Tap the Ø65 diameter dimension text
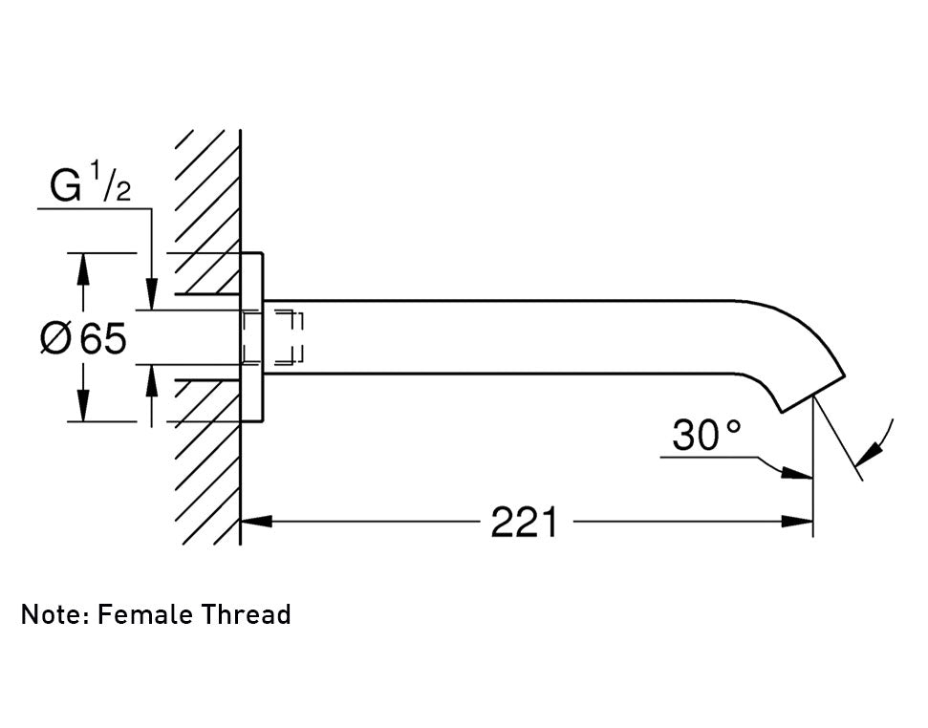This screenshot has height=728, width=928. coord(83,338)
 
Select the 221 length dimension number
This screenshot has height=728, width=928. coord(524,522)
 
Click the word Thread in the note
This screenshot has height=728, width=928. coord(247,614)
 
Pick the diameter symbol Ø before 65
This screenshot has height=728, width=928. coord(55,338)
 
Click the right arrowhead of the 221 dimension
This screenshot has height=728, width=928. coord(796,522)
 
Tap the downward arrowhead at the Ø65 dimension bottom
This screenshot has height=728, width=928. coord(84,405)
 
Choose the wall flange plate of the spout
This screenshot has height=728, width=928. coord(251,337)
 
